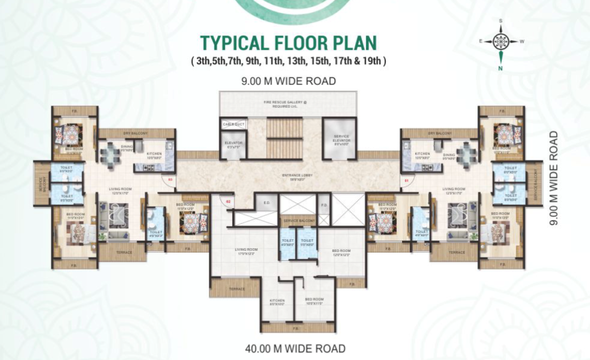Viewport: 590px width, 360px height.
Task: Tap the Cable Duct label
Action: (x=233, y=124)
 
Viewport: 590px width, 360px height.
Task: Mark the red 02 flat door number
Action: (x=228, y=201)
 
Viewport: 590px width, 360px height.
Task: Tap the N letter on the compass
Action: (x=501, y=68)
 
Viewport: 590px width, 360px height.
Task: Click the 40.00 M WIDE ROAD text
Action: (x=295, y=348)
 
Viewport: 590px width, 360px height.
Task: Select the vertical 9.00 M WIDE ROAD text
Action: (x=553, y=178)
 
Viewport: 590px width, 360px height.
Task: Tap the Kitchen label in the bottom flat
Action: (x=277, y=303)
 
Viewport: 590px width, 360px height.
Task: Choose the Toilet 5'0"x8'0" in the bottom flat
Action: (x=307, y=243)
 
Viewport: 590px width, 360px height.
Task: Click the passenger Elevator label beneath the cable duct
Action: (x=233, y=145)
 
